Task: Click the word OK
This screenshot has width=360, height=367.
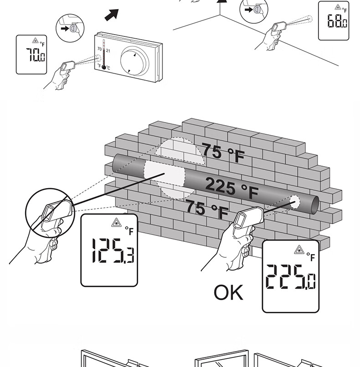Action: click(x=229, y=293)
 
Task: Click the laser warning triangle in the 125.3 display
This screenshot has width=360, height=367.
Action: click(x=116, y=223)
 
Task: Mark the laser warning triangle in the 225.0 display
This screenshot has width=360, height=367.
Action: click(x=299, y=250)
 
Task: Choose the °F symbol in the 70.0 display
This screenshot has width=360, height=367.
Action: click(x=42, y=44)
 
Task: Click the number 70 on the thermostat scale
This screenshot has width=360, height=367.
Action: click(x=99, y=48)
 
